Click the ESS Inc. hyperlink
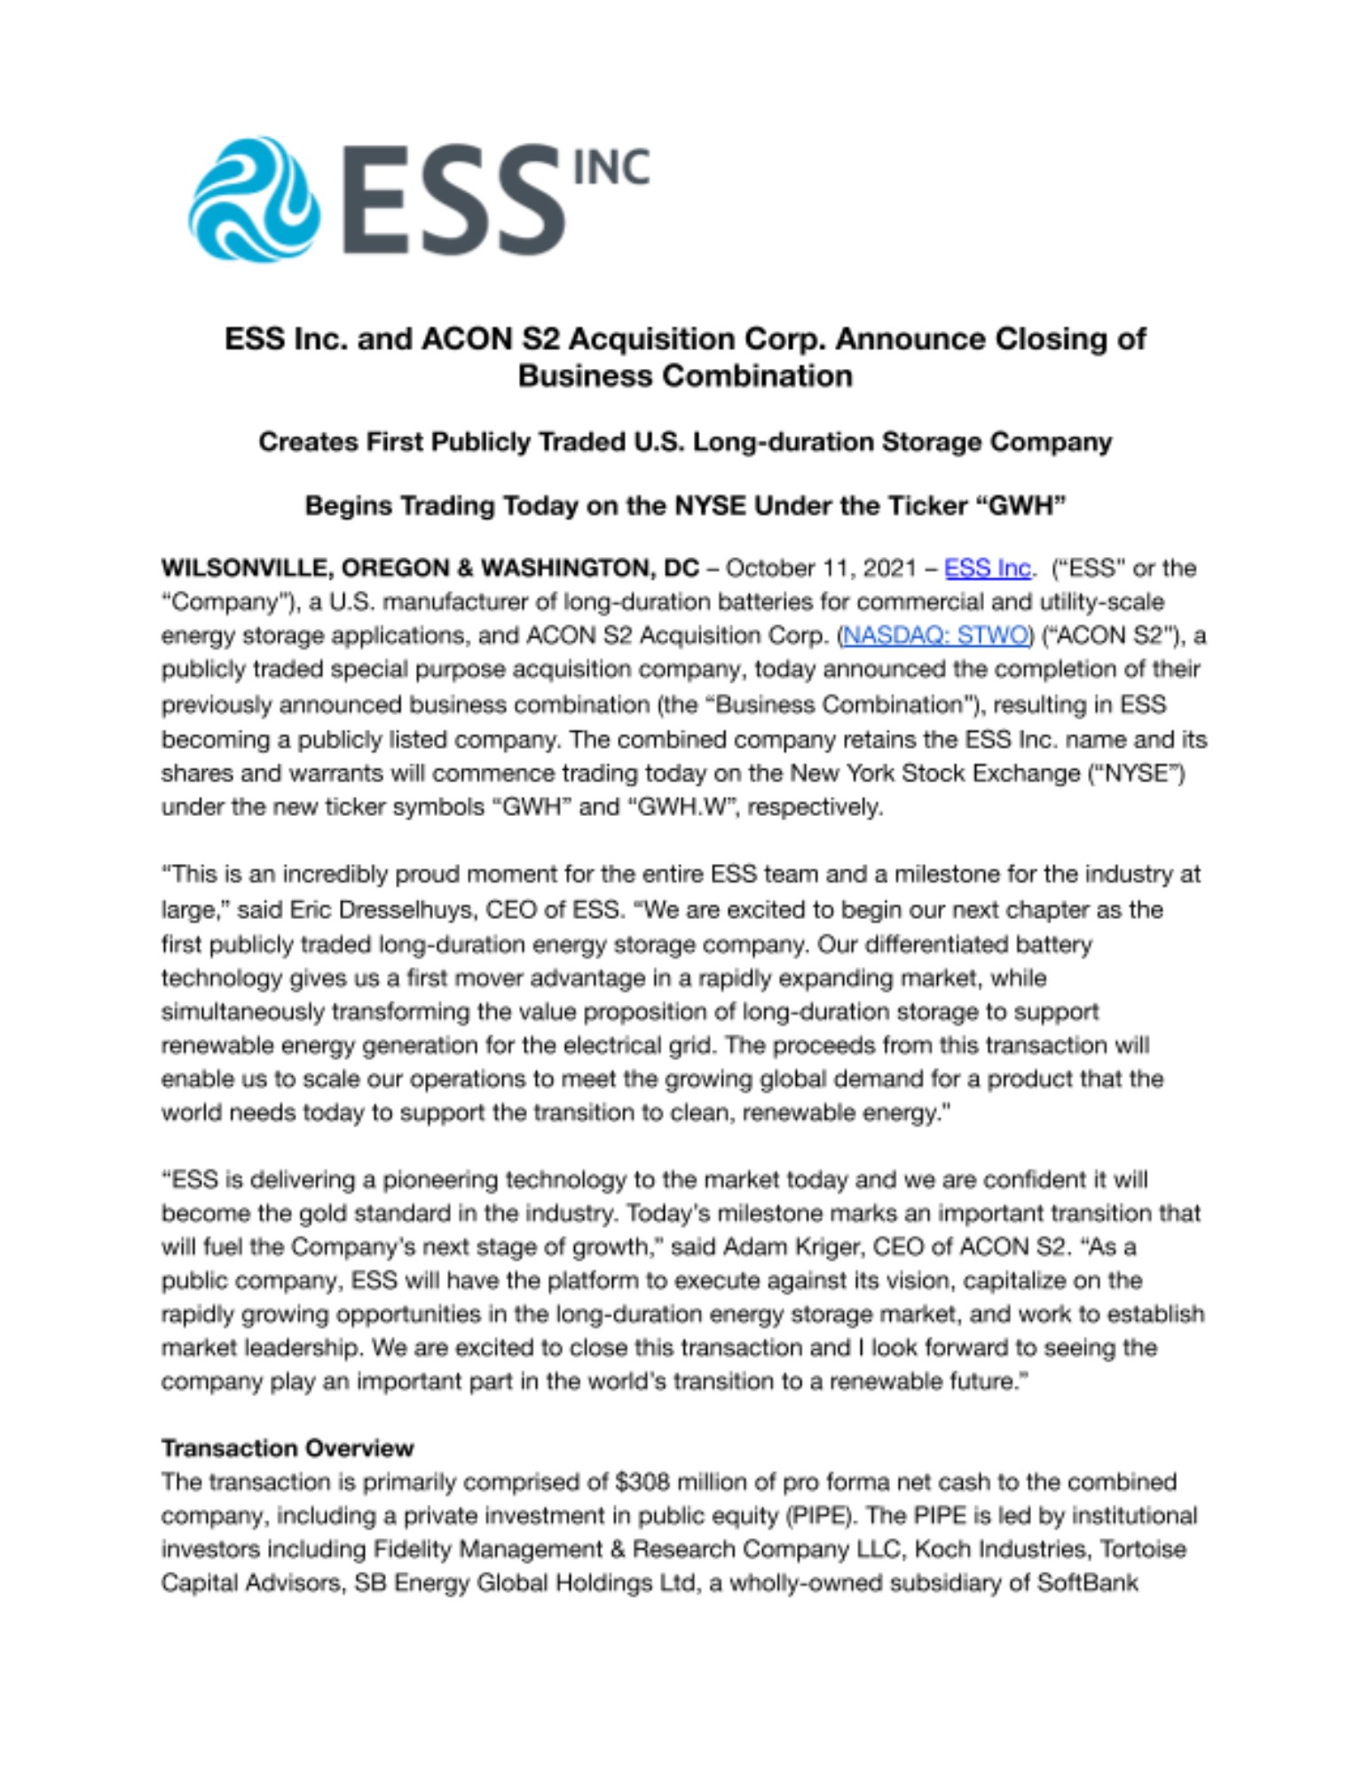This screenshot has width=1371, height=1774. coord(988,568)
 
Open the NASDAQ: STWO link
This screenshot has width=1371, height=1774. coord(935,636)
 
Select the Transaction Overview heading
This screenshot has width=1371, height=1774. coord(288,1448)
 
